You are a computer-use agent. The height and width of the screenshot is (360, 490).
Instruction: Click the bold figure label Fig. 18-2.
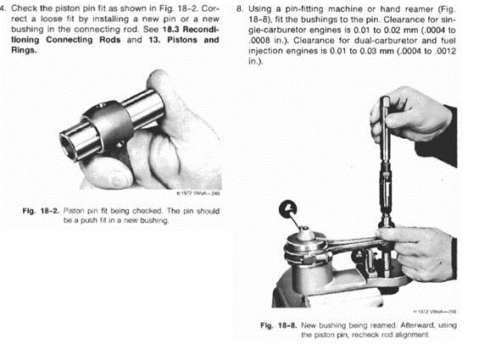tap(41, 211)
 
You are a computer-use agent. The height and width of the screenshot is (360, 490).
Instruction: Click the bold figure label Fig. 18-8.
tap(278, 325)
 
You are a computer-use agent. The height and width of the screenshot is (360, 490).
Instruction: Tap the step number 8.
tap(240, 8)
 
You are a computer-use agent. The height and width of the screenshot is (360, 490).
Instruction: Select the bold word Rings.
tap(24, 50)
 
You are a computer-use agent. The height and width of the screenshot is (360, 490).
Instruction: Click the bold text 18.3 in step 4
tap(170, 30)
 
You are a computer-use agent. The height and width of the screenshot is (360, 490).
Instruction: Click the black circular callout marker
tap(288, 209)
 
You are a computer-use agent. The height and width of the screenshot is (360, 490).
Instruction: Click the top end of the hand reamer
tap(385, 98)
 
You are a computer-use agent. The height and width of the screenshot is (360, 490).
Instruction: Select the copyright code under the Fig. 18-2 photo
tap(198, 193)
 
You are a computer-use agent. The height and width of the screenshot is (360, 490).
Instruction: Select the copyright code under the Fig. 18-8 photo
tap(435, 311)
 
